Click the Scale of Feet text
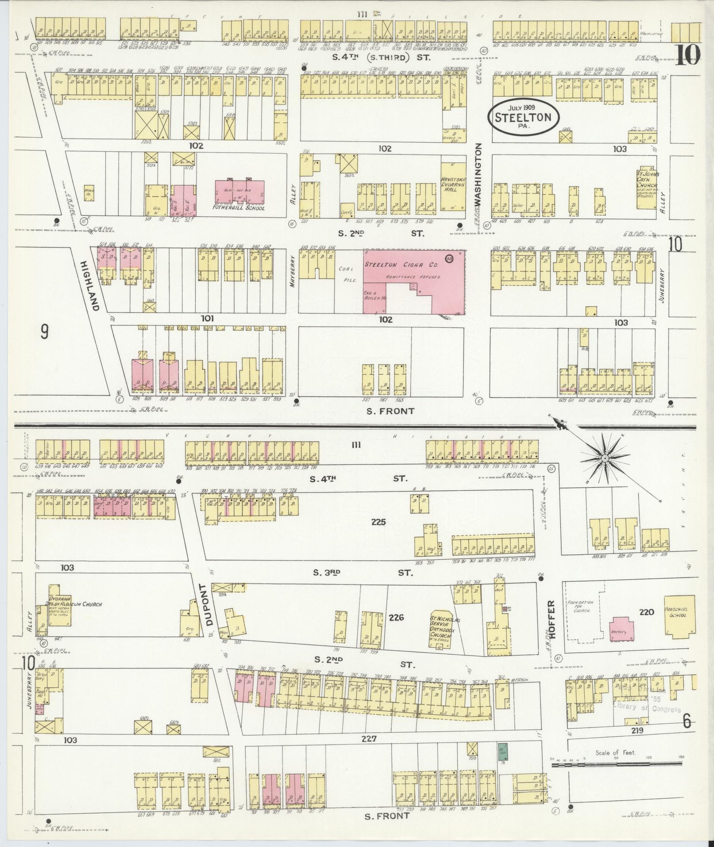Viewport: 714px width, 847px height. coord(615,753)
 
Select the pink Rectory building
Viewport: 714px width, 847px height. coord(619,631)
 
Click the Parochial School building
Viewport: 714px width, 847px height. coord(679,616)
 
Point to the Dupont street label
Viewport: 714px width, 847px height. coord(209,604)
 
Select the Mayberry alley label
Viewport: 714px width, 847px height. coord(293,271)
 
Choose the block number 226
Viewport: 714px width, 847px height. coord(396,617)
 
